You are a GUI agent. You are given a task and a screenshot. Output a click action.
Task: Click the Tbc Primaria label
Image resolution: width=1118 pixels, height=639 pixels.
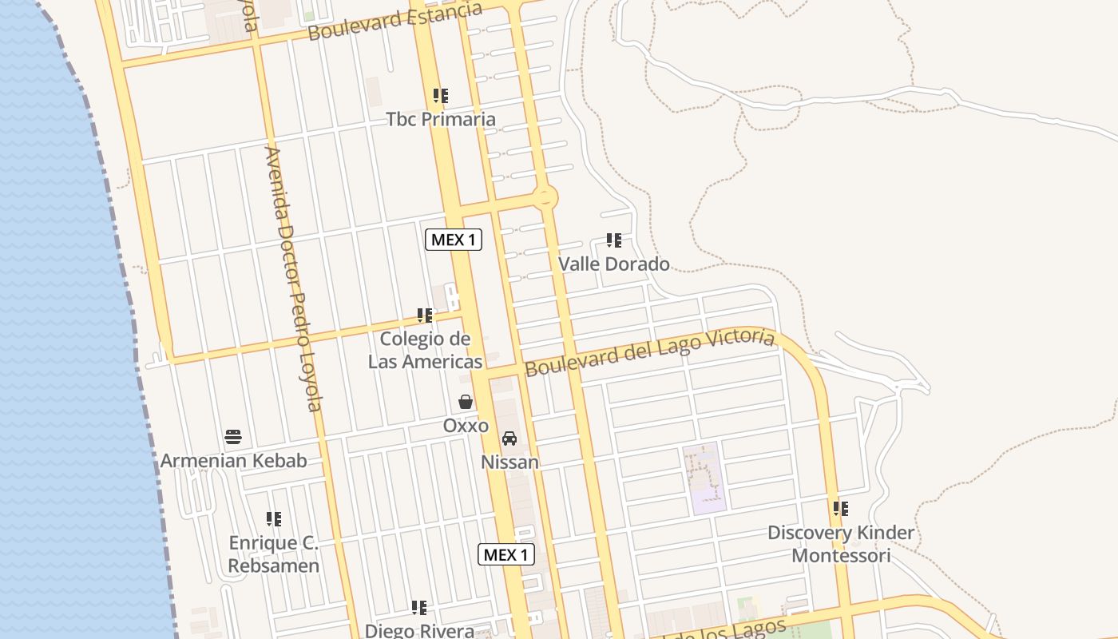(441, 120)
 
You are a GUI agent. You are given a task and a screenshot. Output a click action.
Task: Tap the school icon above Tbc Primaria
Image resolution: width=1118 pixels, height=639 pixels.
(441, 96)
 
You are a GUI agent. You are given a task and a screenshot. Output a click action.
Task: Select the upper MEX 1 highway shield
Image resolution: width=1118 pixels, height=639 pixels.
(454, 239)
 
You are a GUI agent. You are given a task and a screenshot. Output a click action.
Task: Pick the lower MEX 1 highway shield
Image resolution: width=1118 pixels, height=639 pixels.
(506, 554)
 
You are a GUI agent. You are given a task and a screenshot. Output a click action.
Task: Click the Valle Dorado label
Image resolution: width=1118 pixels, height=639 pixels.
(613, 264)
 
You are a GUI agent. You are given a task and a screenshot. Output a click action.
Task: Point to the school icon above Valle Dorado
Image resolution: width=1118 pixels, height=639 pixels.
(613, 240)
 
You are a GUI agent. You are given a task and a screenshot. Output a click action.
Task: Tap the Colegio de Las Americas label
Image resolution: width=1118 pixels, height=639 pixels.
(425, 350)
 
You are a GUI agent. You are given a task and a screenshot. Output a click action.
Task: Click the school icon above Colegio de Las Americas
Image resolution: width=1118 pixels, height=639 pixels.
(425, 316)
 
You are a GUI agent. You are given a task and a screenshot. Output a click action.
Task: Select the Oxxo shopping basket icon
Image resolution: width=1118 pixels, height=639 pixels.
(466, 402)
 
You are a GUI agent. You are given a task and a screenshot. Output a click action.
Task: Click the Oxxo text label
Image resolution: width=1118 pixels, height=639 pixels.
(466, 426)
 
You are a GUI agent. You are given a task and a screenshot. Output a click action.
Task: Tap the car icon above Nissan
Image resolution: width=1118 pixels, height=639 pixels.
(509, 439)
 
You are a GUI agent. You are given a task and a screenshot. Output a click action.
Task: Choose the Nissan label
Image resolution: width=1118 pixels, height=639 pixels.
(509, 462)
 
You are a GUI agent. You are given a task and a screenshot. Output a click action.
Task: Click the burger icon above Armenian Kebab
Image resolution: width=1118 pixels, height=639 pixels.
(233, 437)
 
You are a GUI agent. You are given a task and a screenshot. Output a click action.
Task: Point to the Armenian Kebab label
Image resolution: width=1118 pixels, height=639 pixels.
(233, 461)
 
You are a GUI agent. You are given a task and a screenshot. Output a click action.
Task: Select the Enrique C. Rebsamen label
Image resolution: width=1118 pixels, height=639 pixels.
(274, 554)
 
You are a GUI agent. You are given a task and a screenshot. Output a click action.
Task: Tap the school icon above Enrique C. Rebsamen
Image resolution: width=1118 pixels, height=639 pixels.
(274, 519)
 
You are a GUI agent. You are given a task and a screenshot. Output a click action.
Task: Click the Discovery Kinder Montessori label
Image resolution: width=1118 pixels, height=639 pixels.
(841, 544)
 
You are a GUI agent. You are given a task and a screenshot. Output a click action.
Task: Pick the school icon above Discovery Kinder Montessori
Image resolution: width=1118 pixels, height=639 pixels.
(840, 508)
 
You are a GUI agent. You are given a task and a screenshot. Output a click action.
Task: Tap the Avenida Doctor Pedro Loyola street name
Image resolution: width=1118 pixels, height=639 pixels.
(293, 280)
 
